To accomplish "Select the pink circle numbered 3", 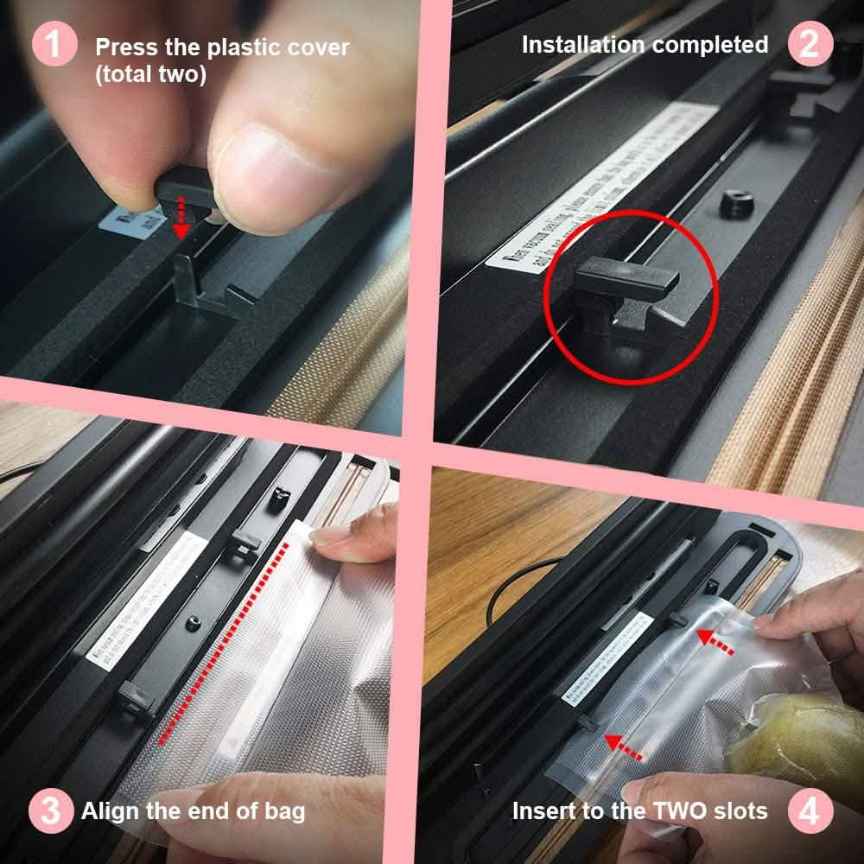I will pos(51,811).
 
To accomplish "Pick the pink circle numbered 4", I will pos(810,811).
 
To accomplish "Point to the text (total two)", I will pos(151,74).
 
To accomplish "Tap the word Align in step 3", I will pos(108,811).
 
